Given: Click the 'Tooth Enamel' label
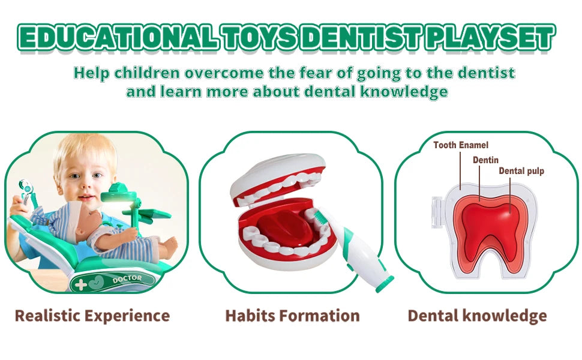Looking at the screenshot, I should (x=460, y=145).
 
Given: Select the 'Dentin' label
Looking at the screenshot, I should (x=485, y=160).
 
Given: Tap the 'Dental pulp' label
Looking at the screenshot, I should (x=521, y=171).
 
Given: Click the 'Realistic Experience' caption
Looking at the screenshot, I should (x=92, y=316).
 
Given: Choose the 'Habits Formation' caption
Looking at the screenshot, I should (x=292, y=316).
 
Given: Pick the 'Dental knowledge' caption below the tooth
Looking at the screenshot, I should (x=477, y=316).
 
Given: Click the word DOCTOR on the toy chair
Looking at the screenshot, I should (x=127, y=278).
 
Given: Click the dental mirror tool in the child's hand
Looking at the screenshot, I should (x=25, y=189).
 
